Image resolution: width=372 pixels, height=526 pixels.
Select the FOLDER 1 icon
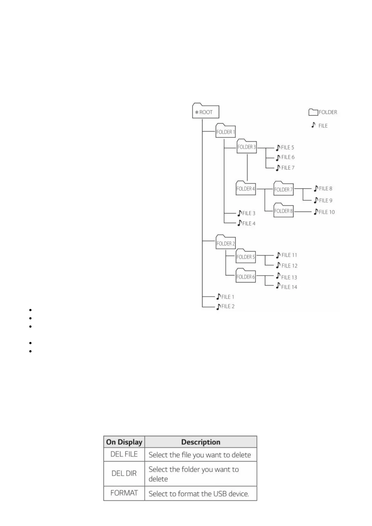[x=225, y=131]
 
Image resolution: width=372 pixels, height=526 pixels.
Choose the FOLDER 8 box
[x=283, y=211]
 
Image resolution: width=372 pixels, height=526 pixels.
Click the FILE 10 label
[x=327, y=212]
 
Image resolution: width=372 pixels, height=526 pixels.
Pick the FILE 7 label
[x=288, y=168]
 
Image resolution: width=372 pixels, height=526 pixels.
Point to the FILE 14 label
[x=289, y=287]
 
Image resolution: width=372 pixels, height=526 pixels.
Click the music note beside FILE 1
[x=219, y=297]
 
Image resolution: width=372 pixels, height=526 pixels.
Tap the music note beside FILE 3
[x=239, y=213]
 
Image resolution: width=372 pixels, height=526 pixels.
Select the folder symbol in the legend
[x=313, y=112]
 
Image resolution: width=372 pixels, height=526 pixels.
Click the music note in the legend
[x=313, y=125]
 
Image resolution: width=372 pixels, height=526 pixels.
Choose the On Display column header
[x=124, y=442]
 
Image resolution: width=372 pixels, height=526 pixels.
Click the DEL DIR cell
[x=124, y=473]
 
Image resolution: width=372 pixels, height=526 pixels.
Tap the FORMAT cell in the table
[x=124, y=493]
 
